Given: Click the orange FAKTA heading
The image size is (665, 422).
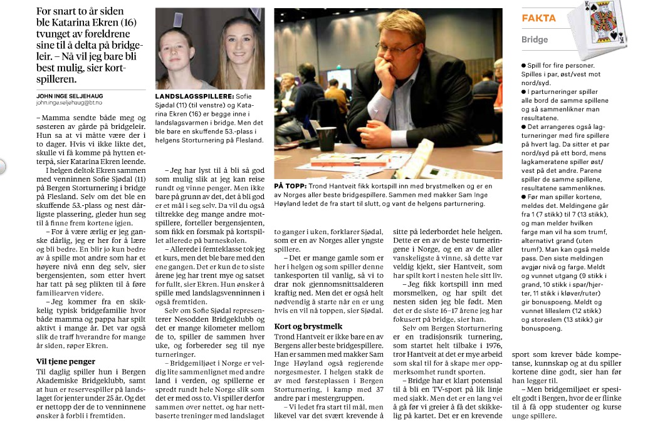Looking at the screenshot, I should (538, 18).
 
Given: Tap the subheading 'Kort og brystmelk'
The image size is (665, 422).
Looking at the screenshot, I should (307, 326).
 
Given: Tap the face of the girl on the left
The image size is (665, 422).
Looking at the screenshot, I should (180, 54).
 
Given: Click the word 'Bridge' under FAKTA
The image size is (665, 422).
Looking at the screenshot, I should (535, 39).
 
